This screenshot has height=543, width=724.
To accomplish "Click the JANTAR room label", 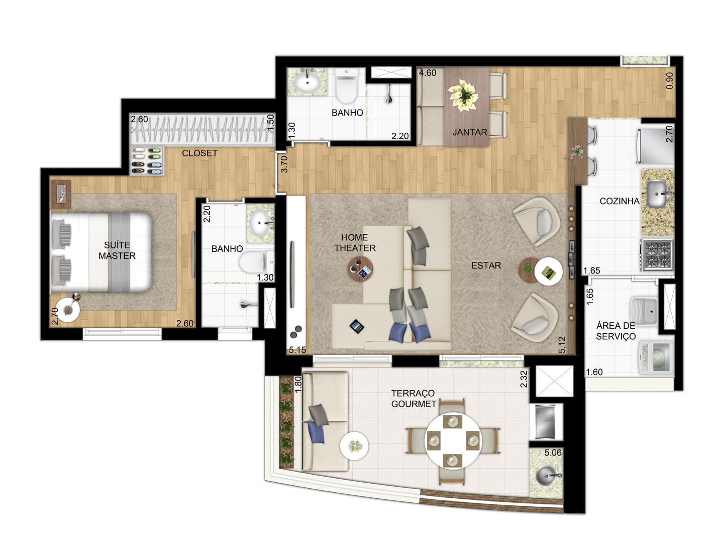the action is [x=469, y=132].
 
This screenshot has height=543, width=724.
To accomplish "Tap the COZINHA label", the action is [x=619, y=201].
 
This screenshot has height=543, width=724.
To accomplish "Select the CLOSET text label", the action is [x=199, y=153].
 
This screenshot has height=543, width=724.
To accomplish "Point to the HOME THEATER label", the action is [x=355, y=243].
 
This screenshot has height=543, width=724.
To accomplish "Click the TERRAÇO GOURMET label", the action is [x=413, y=398].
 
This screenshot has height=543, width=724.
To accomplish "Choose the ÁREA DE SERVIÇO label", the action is [x=615, y=331].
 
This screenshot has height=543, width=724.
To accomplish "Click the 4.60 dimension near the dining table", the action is [x=428, y=72].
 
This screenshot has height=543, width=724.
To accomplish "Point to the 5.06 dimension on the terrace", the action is [x=553, y=452].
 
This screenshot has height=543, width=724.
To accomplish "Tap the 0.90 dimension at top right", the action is [x=669, y=81].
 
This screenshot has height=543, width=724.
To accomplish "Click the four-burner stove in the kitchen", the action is [x=657, y=254].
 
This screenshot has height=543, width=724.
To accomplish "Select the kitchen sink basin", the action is [x=656, y=194].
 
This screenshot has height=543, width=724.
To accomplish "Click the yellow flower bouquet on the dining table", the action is [x=463, y=95].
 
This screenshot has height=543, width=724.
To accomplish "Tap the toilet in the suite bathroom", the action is [x=256, y=262].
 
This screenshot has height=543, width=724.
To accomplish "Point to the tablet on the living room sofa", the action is [x=357, y=326].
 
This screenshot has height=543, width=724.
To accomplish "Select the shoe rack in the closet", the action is [x=147, y=161].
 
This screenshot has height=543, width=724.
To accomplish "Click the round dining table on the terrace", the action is [x=453, y=440].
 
